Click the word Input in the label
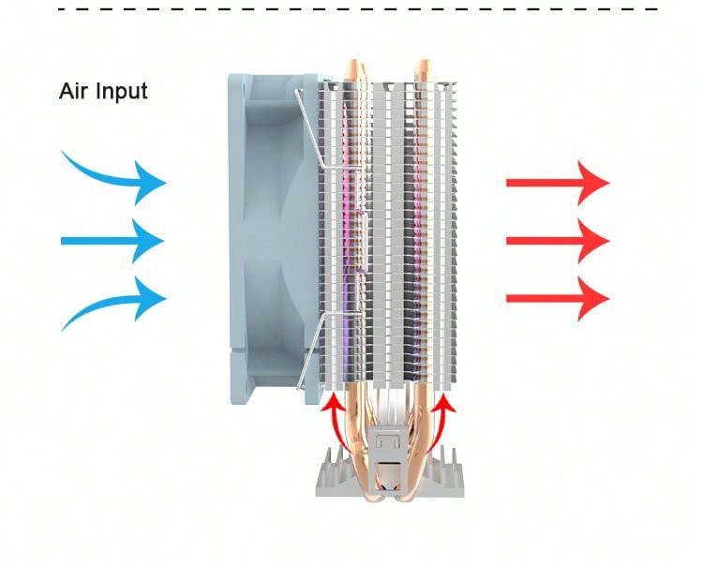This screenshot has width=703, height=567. (120, 93)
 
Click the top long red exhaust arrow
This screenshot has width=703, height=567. (558, 182)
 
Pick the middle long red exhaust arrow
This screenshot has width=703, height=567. (558, 241)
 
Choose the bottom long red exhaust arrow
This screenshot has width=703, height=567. (558, 299)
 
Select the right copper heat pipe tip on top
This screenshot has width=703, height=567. (422, 67)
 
